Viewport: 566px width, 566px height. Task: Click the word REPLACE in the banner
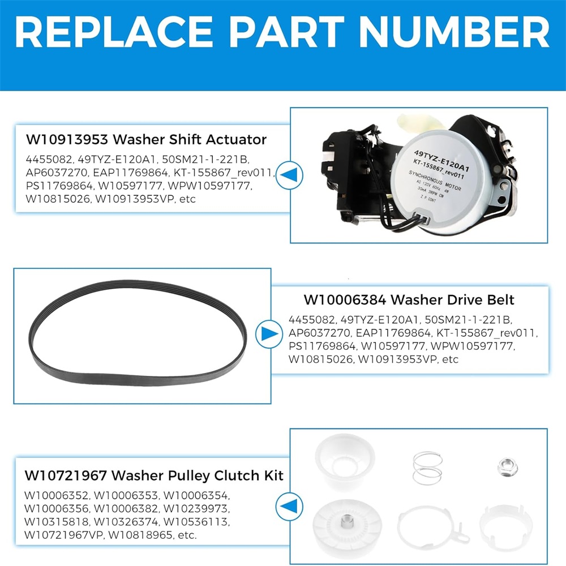coord(114,32)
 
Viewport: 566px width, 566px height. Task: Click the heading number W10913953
coord(67,139)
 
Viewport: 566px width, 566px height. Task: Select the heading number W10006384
coord(345,299)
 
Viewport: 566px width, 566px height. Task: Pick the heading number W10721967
coord(66,475)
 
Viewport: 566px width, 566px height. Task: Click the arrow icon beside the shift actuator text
coord(289,175)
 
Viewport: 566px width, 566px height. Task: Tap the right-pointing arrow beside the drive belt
coord(269,333)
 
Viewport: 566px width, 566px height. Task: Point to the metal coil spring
coord(427,468)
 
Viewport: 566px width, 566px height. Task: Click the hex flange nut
coord(507,467)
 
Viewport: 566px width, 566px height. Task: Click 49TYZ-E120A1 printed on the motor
coord(441,161)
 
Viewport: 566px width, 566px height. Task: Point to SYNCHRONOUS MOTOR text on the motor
coord(435,181)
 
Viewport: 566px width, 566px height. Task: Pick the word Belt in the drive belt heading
coord(498,299)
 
